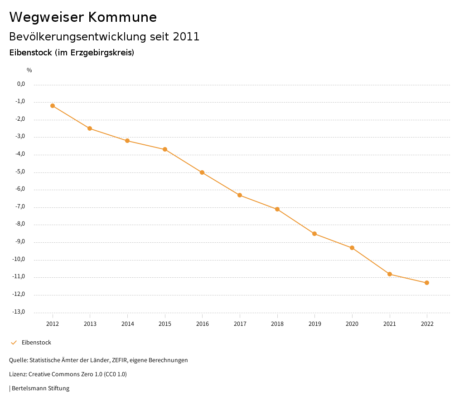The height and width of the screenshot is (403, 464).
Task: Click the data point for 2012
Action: coord(53,106)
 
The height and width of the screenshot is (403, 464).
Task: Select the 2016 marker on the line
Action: coord(202,172)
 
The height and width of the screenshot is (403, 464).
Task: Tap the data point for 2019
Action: coord(314,234)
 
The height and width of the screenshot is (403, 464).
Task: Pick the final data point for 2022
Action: coord(427,283)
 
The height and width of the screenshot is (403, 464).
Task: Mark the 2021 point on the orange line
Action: coord(390,274)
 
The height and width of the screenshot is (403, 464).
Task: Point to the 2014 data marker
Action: coord(127,141)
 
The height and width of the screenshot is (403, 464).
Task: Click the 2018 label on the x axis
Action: coord(277,324)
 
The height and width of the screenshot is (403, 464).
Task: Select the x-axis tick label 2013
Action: coord(90,324)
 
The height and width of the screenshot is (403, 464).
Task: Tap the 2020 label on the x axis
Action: coord(352,324)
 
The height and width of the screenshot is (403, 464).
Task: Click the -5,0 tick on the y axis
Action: coord(20,172)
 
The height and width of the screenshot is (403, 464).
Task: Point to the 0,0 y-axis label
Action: coord(21,84)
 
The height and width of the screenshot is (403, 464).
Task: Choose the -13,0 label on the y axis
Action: coord(19,312)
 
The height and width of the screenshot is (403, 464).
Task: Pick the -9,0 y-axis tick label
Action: coord(20,242)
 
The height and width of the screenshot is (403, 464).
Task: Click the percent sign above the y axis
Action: coord(29,70)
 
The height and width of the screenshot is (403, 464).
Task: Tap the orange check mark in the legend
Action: coord(14,343)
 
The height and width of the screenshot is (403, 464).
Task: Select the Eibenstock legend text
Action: coord(36,343)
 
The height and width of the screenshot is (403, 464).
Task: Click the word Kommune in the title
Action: coord(122,17)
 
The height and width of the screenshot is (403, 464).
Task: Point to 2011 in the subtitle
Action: coord(186,37)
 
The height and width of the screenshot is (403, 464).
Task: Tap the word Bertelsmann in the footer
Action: coord(29,388)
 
